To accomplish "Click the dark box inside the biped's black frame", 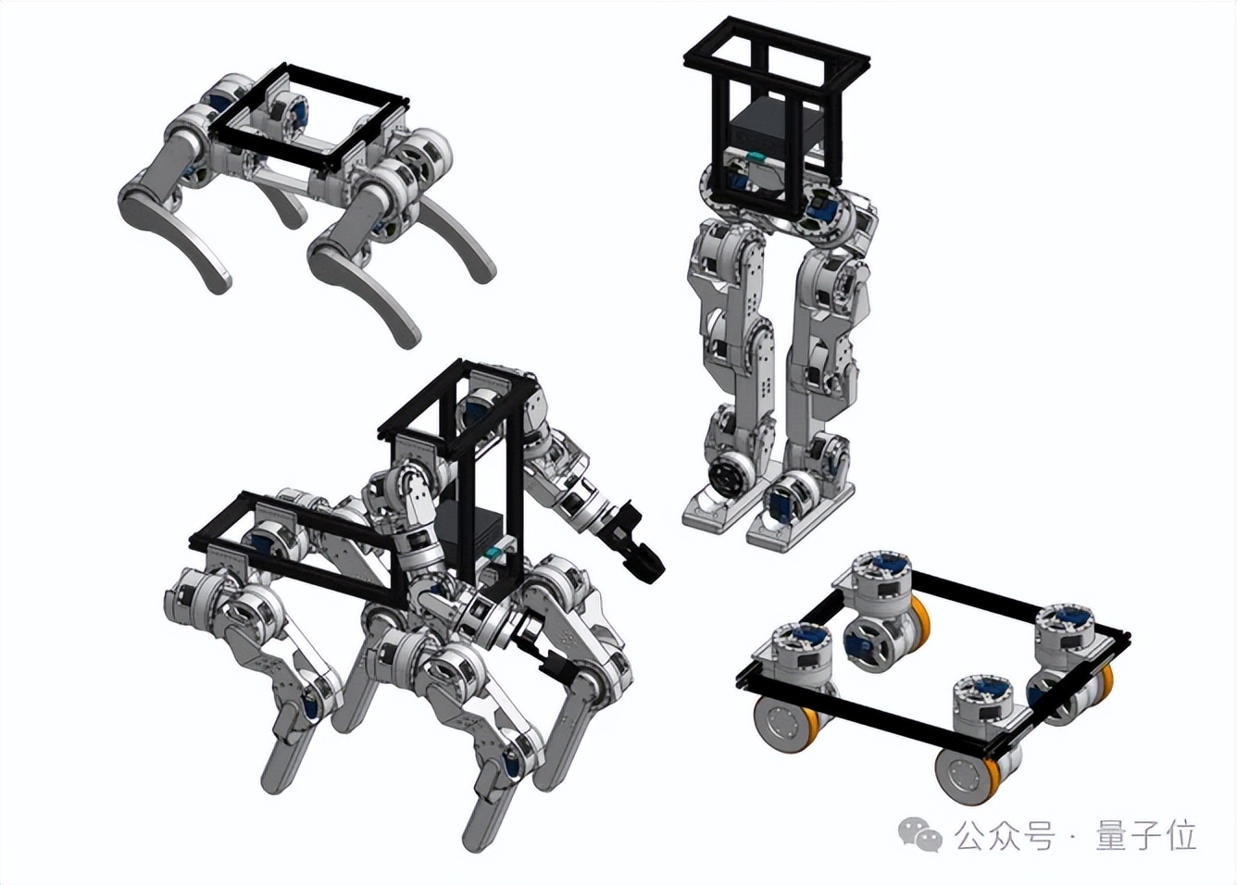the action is click(775, 128).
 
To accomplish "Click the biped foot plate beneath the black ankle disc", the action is click(718, 511).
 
